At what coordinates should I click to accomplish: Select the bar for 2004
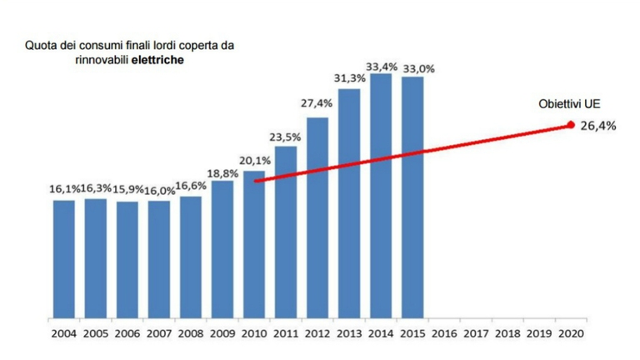64,259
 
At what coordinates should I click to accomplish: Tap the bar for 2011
286,233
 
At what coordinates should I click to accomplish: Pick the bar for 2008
191,257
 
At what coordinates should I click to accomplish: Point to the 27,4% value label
317,104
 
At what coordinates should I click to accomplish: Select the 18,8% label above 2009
222,172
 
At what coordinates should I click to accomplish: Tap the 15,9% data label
127,190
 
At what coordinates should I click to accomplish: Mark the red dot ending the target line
571,125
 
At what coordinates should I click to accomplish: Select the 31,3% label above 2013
349,79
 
